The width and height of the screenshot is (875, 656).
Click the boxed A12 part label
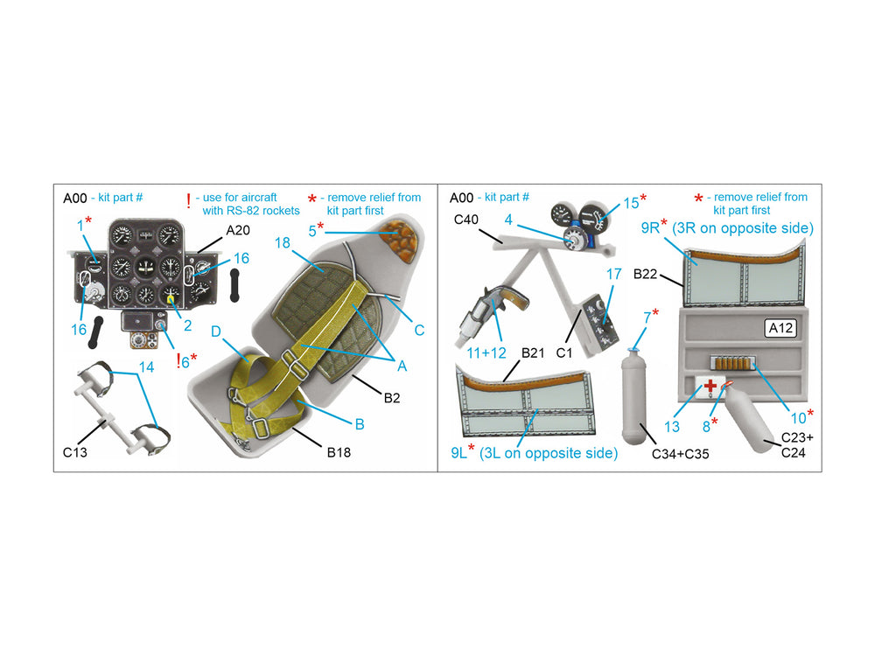(780, 328)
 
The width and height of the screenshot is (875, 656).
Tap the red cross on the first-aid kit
(710, 386)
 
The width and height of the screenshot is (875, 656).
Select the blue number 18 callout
(283, 242)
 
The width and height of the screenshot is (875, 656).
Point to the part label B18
(339, 452)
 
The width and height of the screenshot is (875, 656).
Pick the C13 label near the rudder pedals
(74, 452)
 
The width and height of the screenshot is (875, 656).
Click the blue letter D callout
(216, 331)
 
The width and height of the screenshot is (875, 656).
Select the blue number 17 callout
(614, 274)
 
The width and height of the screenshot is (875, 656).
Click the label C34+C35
(680, 454)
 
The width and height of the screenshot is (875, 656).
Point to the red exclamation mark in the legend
(189, 201)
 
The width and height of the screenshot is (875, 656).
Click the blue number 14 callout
(146, 367)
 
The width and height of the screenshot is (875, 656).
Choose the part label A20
(238, 230)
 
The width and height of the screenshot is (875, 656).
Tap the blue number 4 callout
(508, 220)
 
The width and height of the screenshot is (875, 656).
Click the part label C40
(466, 220)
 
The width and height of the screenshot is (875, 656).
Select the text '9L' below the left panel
(458, 453)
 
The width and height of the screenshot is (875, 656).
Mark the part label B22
(645, 274)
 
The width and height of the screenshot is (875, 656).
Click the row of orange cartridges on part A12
(731, 364)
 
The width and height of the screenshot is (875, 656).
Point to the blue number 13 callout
(672, 427)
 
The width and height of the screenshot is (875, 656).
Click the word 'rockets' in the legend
(282, 211)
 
